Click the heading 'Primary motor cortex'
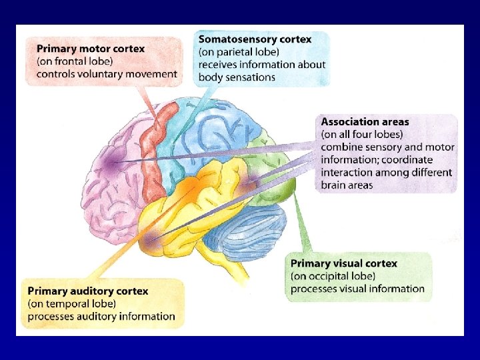pos(91,49)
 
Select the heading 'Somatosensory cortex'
pos(255,39)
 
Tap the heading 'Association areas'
pos(365,122)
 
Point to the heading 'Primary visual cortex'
pos(343,263)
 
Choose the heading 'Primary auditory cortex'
pos(87,291)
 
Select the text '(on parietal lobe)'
pos(239,52)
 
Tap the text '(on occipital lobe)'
pos(333,276)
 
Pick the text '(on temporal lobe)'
pos(71,304)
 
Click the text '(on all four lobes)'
pos(362,135)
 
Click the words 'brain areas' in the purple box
pos(347,185)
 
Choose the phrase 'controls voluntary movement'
pos(107,74)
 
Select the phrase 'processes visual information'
pos(357,289)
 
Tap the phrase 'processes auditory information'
pos(101,317)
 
